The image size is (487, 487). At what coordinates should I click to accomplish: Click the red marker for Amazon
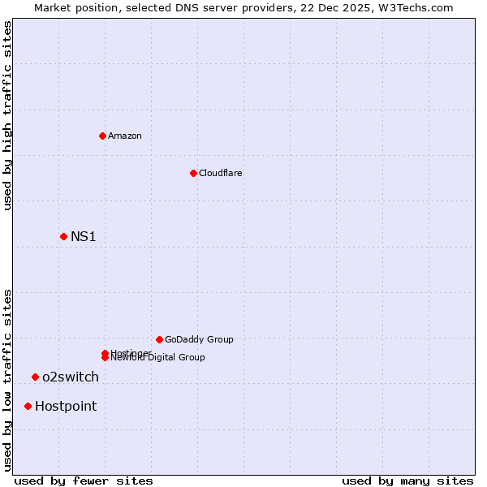(103, 136)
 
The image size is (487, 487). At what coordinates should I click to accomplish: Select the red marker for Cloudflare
(193, 173)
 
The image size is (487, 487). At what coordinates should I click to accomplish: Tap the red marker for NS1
(63, 236)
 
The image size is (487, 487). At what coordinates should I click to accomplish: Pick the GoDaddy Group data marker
(159, 339)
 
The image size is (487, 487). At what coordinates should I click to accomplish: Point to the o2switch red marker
(35, 377)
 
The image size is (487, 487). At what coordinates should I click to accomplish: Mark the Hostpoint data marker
(28, 406)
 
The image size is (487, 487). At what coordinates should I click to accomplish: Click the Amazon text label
(125, 136)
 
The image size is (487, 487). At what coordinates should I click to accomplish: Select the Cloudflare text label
(221, 173)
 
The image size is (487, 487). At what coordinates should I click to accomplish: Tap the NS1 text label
(84, 236)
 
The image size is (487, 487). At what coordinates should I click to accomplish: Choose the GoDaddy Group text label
(199, 339)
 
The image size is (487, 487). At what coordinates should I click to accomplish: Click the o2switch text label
(71, 377)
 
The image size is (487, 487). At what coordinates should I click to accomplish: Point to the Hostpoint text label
(66, 406)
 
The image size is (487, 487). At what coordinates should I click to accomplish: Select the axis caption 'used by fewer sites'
(84, 481)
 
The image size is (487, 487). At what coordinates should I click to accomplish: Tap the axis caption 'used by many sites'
(407, 481)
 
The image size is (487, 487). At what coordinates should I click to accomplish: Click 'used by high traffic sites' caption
(8, 115)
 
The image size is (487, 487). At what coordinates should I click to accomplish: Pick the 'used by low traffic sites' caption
(8, 379)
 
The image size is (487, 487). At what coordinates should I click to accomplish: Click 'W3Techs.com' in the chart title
(420, 7)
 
